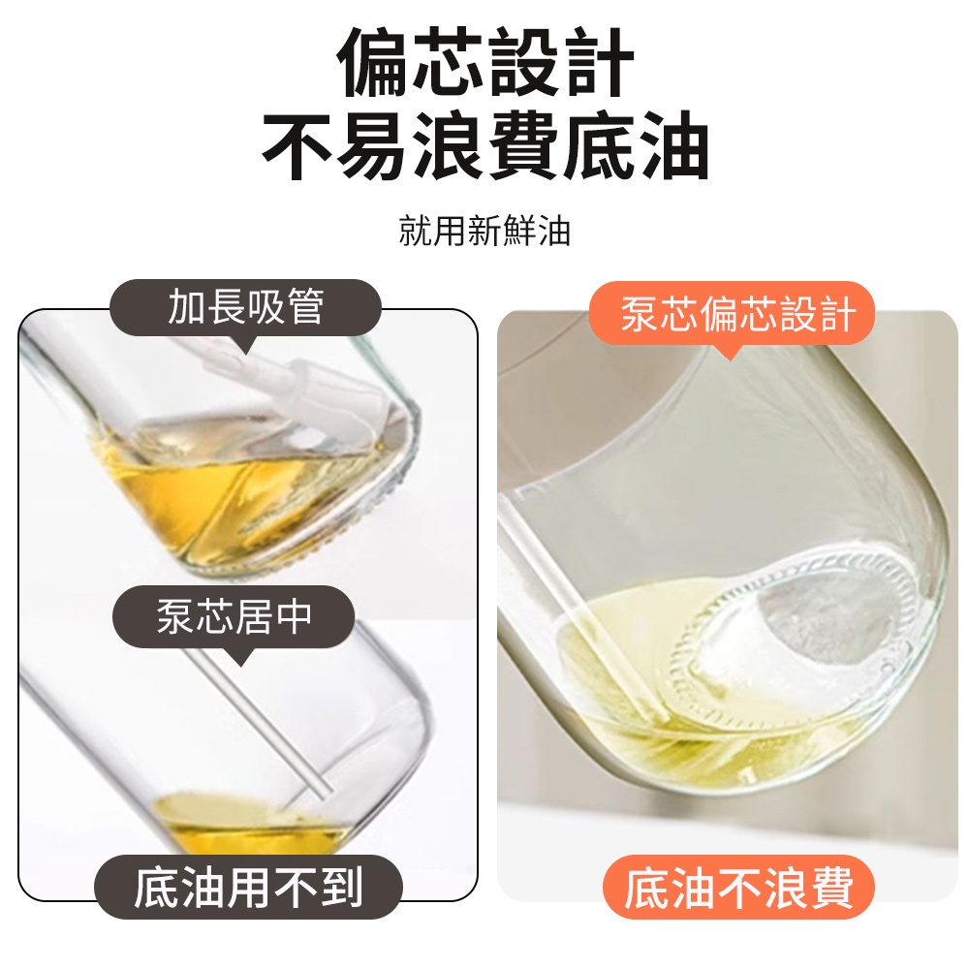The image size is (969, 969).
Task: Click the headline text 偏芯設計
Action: pyautogui.click(x=485, y=62)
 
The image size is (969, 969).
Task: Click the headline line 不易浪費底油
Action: pyautogui.click(x=485, y=145)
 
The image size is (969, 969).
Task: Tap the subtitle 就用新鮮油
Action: pyautogui.click(x=484, y=232)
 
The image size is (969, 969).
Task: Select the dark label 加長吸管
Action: pyautogui.click(x=245, y=307)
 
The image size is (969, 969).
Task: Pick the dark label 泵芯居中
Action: pyautogui.click(x=234, y=615)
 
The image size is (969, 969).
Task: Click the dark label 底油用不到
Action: pyautogui.click(x=248, y=888)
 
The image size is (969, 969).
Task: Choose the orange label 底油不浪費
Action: pyautogui.click(x=738, y=888)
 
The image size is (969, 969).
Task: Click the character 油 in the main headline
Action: pyautogui.click(x=673, y=146)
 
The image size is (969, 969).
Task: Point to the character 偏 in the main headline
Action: pyautogui.click(x=373, y=62)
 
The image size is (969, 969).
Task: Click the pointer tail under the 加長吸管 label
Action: pyautogui.click(x=246, y=345)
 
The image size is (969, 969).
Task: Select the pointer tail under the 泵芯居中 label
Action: pyautogui.click(x=238, y=656)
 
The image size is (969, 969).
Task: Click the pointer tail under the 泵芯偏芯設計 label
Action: pyautogui.click(x=730, y=353)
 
